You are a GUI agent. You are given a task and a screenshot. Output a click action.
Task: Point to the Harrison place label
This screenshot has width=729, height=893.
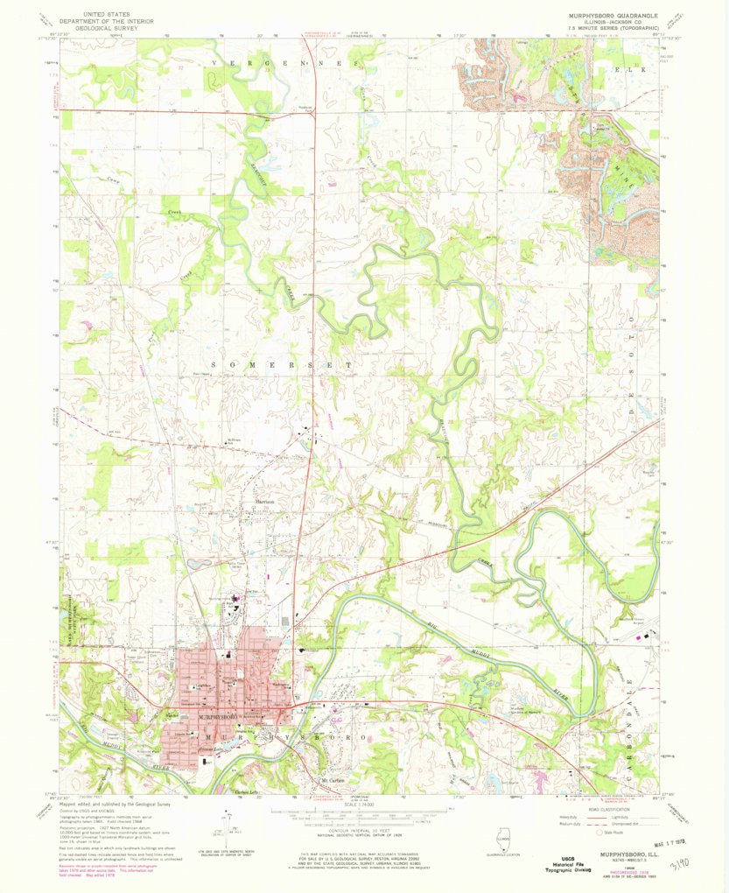click(265, 502)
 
